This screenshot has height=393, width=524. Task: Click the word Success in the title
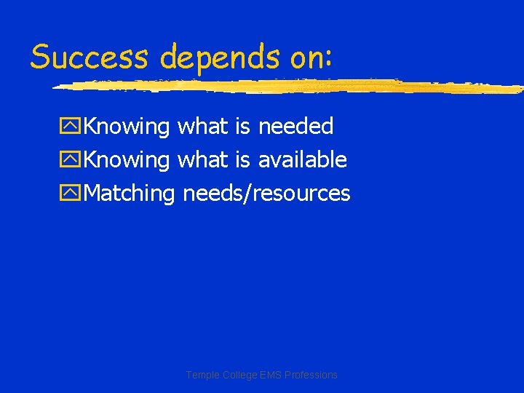click(x=90, y=56)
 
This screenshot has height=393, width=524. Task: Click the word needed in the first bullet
click(x=295, y=127)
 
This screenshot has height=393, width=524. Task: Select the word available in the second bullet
click(x=302, y=159)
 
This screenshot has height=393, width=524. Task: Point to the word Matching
click(x=130, y=194)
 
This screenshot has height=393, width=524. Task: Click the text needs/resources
click(x=266, y=194)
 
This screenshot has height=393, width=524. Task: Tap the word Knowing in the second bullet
click(x=126, y=161)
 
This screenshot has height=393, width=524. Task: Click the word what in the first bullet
click(x=203, y=127)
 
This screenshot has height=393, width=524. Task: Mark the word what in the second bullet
click(x=203, y=159)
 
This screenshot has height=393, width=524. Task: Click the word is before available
click(x=242, y=159)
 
